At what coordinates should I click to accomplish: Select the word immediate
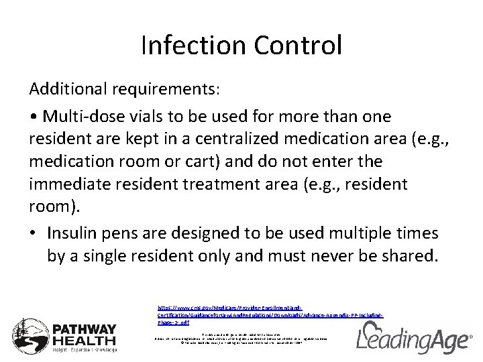pos(73,184)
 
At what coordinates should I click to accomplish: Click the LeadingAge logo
pos(413,337)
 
